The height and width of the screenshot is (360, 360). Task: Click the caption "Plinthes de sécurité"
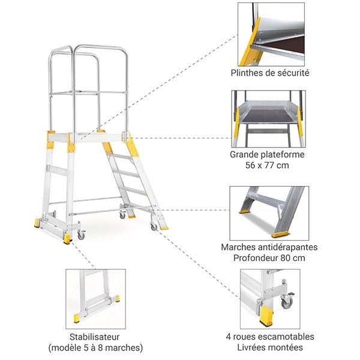[270, 73]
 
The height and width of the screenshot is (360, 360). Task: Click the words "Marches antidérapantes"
[269, 247]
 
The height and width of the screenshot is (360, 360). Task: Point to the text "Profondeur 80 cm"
[269, 258]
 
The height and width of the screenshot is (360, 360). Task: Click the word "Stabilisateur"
[95, 336]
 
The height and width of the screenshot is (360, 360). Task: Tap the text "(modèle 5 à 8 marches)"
[95, 347]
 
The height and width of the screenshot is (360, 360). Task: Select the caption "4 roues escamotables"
[270, 336]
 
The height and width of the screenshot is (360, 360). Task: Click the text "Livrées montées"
[270, 347]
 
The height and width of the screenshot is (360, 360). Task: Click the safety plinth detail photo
[271, 34]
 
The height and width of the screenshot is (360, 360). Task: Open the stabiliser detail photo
[95, 298]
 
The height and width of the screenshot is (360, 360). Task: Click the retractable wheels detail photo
[270, 298]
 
